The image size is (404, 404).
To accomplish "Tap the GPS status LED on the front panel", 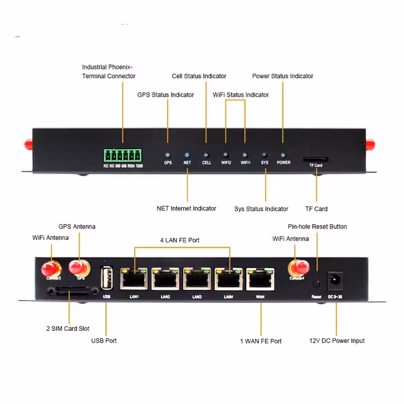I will point(168,154).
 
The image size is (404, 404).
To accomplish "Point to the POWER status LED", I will point(283,154).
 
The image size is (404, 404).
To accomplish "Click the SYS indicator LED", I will point(264,154).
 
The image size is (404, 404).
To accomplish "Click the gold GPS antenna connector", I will point(80,268).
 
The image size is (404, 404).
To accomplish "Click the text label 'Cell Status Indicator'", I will point(199,76).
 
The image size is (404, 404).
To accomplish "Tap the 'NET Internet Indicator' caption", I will point(186,208).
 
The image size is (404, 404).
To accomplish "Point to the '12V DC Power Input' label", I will point(336,341).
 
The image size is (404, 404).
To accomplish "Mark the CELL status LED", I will point(206,154).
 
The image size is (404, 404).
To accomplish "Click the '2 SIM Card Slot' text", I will point(68,329).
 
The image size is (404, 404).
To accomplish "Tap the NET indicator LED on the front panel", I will point(187,154).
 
